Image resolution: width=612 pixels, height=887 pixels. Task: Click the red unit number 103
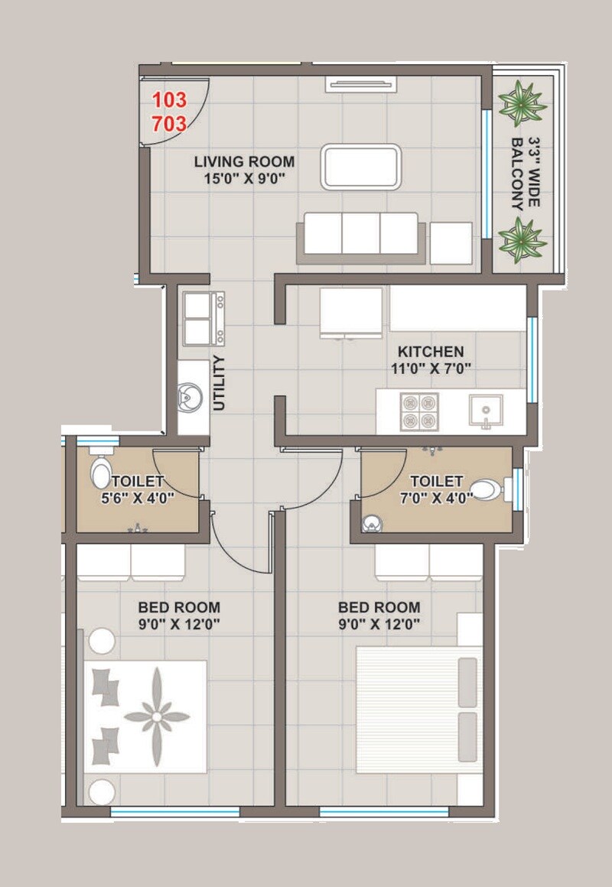click(x=169, y=100)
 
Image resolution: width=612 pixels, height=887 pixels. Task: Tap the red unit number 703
click(x=169, y=122)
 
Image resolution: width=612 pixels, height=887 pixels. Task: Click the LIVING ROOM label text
click(x=244, y=161)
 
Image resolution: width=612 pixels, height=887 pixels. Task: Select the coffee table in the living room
click(x=360, y=166)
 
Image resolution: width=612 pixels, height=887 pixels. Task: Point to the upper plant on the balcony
click(x=522, y=101)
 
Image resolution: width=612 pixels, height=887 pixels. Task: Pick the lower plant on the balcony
click(x=522, y=239)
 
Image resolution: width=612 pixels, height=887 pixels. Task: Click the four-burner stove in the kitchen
click(x=419, y=412)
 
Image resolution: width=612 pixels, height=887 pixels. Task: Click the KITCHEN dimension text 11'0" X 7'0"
click(x=430, y=369)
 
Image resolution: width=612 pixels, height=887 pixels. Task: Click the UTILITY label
click(x=220, y=383)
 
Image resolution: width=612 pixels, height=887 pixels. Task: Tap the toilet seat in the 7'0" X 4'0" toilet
click(x=484, y=488)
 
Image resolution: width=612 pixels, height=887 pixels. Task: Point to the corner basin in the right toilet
click(x=371, y=523)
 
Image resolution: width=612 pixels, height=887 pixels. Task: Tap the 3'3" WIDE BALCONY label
click(x=526, y=174)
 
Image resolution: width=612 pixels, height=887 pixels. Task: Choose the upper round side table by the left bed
click(x=102, y=640)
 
